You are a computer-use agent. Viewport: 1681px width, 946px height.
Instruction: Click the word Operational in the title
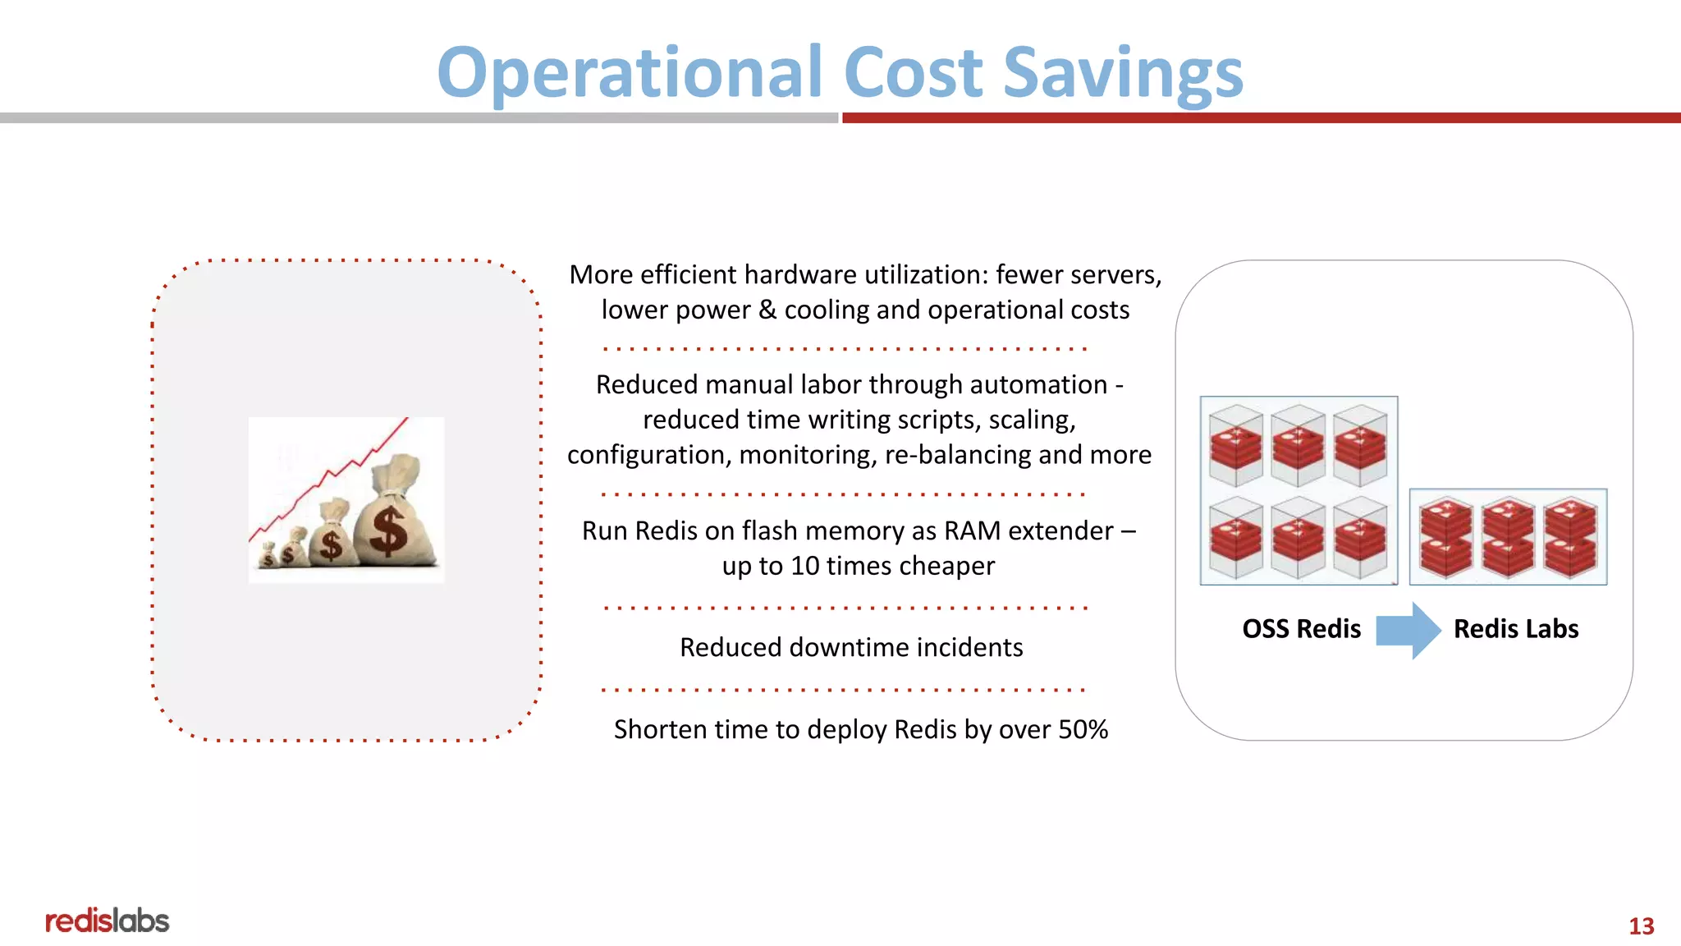(x=629, y=74)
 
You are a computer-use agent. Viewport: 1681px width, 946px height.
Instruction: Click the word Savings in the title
(x=1123, y=74)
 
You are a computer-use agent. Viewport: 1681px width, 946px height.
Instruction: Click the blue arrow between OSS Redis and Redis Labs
(x=1408, y=630)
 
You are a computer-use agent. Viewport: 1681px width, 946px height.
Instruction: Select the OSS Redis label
(x=1301, y=629)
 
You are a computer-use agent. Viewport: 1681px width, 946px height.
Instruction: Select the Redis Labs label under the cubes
(x=1515, y=629)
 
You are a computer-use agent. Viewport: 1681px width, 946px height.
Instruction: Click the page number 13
(x=1641, y=926)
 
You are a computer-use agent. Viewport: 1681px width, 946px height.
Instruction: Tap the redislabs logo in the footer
(x=107, y=921)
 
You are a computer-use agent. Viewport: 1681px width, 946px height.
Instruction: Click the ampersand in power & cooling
(x=767, y=310)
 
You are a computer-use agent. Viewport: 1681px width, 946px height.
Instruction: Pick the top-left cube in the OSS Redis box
(x=1236, y=444)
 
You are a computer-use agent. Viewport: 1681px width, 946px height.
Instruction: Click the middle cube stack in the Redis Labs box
(x=1508, y=537)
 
